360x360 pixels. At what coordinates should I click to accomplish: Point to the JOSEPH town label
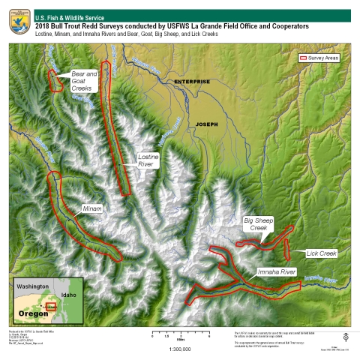205,124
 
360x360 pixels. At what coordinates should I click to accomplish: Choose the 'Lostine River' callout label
147,160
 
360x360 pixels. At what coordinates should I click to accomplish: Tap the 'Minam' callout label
92,208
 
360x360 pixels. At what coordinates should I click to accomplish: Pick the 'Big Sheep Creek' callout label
259,224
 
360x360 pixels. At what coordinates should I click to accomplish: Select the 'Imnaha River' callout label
277,271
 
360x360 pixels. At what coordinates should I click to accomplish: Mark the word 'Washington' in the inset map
33,287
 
